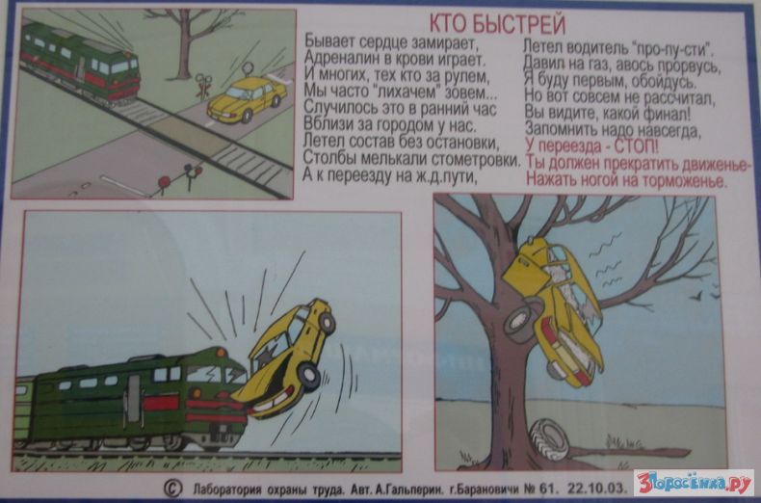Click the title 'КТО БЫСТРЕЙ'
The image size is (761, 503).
coord(497,24)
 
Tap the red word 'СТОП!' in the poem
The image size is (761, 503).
coord(637,146)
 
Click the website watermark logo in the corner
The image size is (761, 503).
coord(694,482)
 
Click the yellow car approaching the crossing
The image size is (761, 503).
coord(247,98)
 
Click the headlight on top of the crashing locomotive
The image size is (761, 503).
coord(221,352)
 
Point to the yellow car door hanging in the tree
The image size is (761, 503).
coord(527,266)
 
